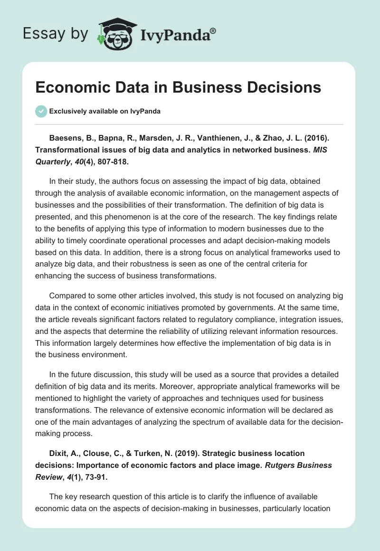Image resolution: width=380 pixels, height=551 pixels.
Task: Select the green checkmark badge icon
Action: pos(41,111)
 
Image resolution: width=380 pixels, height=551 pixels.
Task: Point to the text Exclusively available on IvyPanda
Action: pos(104,111)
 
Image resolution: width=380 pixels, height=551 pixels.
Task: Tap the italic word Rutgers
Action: pos(286,465)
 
